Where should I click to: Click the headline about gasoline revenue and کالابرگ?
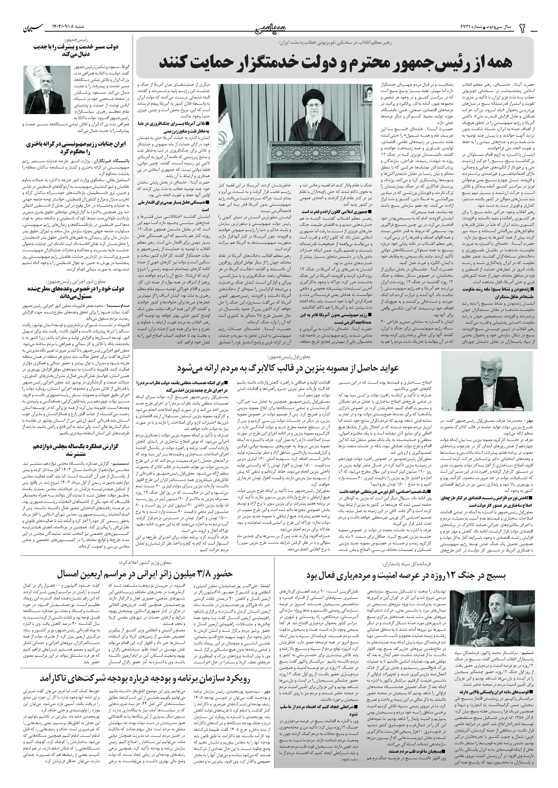point(288,368)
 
